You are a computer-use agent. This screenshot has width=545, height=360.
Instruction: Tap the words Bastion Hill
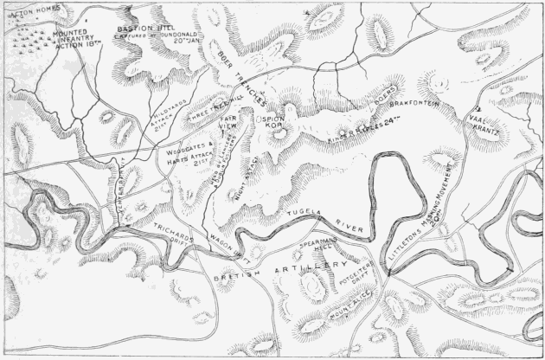point(141,28)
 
